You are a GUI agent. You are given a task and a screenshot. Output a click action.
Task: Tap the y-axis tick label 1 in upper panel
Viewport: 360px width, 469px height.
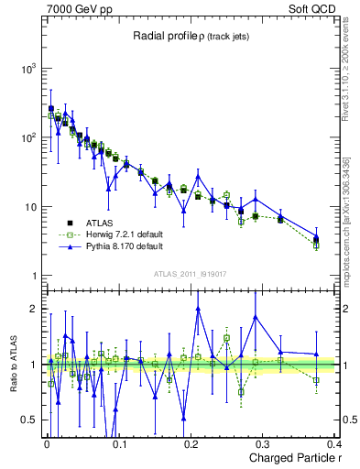pyautogui.click(x=31, y=276)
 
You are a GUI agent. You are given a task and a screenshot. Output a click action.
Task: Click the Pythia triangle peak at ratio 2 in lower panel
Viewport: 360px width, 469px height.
pyautogui.click(x=198, y=309)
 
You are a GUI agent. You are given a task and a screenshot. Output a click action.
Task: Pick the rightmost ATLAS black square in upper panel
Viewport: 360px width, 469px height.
pyautogui.click(x=316, y=239)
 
